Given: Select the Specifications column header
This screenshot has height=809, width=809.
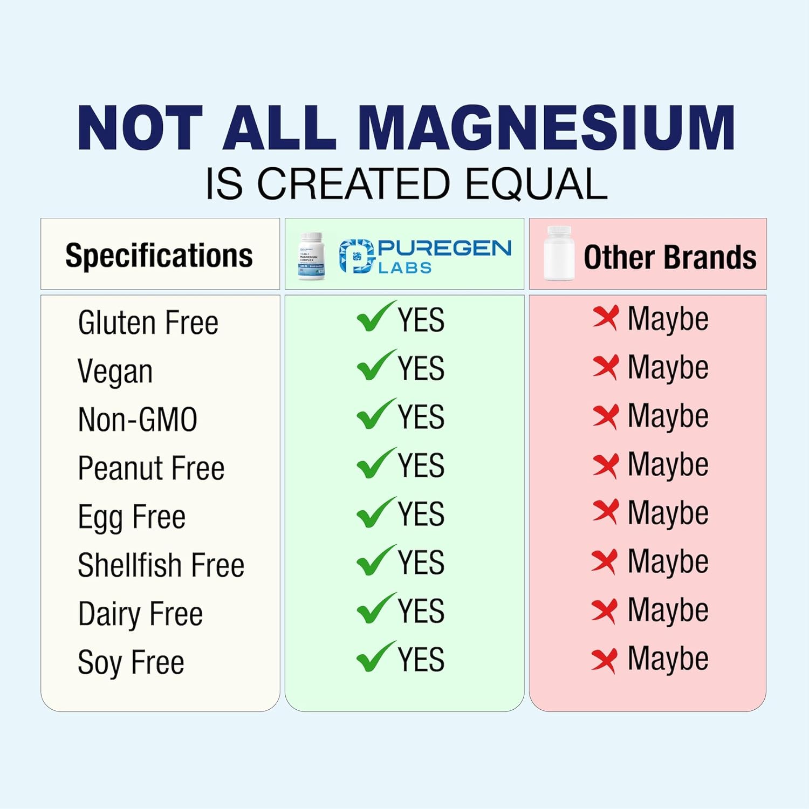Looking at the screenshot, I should tap(159, 255).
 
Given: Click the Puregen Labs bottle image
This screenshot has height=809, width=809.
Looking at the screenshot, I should tap(312, 256).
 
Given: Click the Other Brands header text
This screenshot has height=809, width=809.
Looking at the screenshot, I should tap(670, 257).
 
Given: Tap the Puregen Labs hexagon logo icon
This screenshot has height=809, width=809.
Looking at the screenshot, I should tap(356, 256).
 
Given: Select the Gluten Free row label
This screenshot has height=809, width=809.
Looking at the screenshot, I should tap(148, 323).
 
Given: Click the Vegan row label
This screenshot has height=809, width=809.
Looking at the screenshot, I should tap(115, 372).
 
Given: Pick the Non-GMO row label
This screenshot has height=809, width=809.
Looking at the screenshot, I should tap(138, 420).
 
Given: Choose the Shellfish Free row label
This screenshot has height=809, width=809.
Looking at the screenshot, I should tap(161, 565).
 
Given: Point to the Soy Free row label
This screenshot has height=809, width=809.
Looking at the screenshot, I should tap(131, 663).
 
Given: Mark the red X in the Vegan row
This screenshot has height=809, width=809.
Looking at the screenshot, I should tap(605, 367).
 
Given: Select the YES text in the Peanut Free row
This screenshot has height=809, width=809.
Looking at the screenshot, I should tap(421, 465).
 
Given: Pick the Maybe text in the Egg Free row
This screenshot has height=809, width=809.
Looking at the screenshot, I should tap(668, 513).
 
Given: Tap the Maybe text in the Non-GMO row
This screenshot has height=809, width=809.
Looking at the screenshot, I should tap(668, 416).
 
